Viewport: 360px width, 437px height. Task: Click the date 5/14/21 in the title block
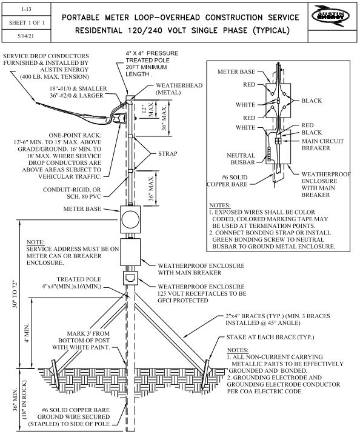pyautogui.click(x=25, y=36)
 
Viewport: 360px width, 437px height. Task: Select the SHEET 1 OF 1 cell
pyautogui.click(x=27, y=23)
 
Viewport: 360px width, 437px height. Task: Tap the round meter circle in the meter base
pyautogui.click(x=130, y=219)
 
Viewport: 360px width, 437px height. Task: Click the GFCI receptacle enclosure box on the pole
pyautogui.click(x=130, y=278)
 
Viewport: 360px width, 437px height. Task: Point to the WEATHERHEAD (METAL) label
pyautogui.click(x=179, y=88)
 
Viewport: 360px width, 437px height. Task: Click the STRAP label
pyautogui.click(x=168, y=153)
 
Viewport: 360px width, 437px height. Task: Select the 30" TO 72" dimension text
pyautogui.click(x=15, y=294)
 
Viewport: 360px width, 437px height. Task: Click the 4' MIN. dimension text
pyautogui.click(x=27, y=333)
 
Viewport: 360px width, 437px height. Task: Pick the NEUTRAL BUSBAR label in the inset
pyautogui.click(x=241, y=159)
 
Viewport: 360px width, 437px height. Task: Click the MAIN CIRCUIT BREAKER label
pyautogui.click(x=322, y=144)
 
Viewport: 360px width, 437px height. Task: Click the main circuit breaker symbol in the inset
pyautogui.click(x=278, y=141)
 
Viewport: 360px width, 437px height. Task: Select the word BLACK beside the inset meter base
pyautogui.click(x=312, y=101)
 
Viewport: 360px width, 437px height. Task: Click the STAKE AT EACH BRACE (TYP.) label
pyautogui.click(x=270, y=337)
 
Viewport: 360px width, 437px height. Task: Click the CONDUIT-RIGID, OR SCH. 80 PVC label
pyautogui.click(x=72, y=193)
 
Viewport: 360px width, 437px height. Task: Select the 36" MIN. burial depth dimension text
pyautogui.click(x=15, y=399)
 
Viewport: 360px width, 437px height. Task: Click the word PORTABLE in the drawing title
pyautogui.click(x=81, y=18)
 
